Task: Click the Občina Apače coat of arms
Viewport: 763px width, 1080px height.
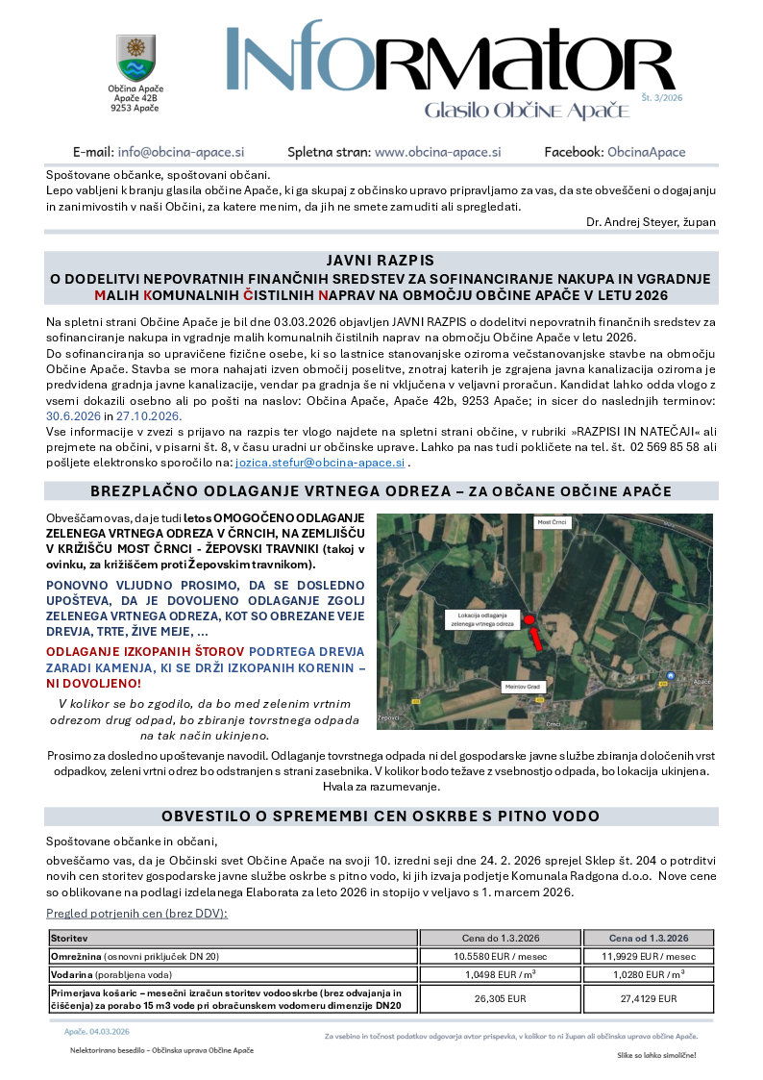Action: click(x=135, y=58)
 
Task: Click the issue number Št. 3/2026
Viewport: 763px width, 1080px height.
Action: click(x=661, y=98)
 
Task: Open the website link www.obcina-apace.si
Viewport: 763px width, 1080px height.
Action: click(x=437, y=152)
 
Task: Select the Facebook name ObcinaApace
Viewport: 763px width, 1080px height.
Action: click(x=646, y=152)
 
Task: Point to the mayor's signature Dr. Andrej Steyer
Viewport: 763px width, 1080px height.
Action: click(x=651, y=222)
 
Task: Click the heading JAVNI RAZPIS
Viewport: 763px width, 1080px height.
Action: click(x=381, y=261)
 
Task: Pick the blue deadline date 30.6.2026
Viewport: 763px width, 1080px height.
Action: click(x=72, y=416)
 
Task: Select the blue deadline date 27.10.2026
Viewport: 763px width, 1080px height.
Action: click(x=149, y=416)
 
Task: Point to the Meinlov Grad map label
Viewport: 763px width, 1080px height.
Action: click(x=523, y=687)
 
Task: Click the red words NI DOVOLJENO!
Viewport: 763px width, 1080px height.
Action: click(x=95, y=683)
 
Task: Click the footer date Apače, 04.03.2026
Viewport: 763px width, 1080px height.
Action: click(x=97, y=1031)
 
